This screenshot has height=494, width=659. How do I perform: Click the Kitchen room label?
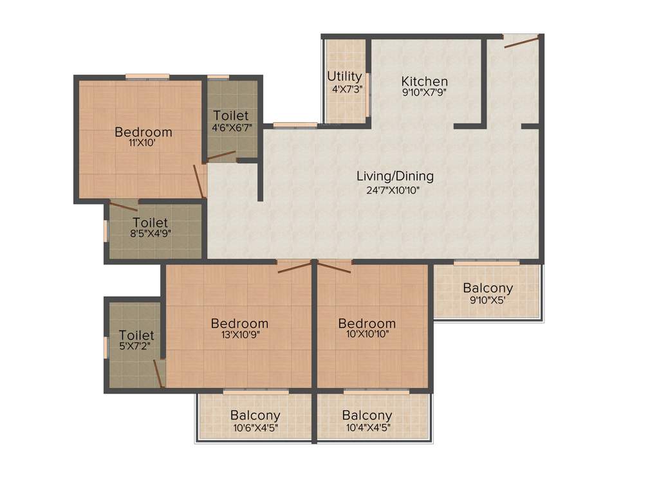click(x=424, y=82)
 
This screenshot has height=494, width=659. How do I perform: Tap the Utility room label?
click(x=344, y=77)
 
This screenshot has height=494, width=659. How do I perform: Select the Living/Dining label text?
click(x=395, y=176)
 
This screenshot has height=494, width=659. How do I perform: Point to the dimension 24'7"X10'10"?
click(x=395, y=189)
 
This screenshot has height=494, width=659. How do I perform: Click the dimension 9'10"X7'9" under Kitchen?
click(x=424, y=92)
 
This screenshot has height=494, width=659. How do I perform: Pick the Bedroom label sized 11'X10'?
click(x=144, y=132)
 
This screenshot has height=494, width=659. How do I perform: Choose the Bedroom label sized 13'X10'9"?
click(x=239, y=323)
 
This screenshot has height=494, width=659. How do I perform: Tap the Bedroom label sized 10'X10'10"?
click(x=367, y=323)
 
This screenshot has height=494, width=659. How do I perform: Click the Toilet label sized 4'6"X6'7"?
click(x=230, y=115)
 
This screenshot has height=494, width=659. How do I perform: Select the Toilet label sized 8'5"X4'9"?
click(x=151, y=223)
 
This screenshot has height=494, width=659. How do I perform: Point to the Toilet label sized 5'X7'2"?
click(x=136, y=335)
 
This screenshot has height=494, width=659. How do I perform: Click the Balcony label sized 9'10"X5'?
click(x=488, y=288)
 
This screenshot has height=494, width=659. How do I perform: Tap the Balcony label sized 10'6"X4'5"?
click(x=255, y=416)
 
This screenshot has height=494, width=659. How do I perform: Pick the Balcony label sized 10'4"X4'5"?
click(x=367, y=416)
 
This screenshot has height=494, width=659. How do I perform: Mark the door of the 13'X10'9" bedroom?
click(x=295, y=268)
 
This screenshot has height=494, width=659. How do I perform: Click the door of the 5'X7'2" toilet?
click(x=158, y=373)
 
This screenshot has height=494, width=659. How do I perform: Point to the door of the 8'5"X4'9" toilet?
click(x=123, y=206)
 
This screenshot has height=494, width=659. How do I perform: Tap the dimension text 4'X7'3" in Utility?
click(x=344, y=89)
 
